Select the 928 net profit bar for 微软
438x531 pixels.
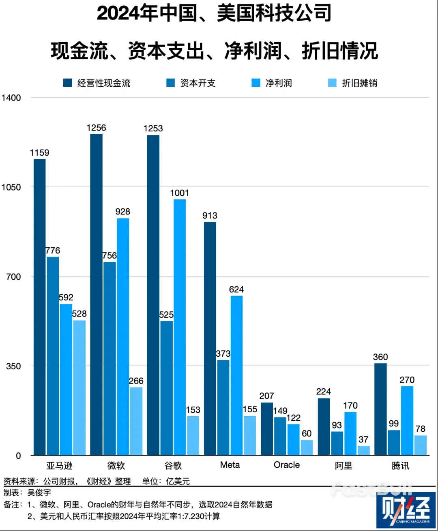pos(123,336)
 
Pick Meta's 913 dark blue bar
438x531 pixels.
pos(210,338)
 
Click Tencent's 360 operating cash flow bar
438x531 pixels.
pos(380,409)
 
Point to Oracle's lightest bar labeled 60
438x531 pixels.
pos(307,447)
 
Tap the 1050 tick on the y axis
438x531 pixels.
pos(11,187)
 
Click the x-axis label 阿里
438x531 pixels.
pos(344,466)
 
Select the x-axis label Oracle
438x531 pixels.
pos(287,465)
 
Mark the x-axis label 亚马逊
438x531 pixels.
pos(59,466)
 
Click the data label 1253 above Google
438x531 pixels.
pos(153,128)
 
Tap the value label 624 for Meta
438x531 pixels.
pos(236,289)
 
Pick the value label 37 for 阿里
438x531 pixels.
pos(363,439)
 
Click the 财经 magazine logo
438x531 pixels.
pos(406,510)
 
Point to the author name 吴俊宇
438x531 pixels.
pos(39,493)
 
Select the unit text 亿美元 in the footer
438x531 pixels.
pos(178,482)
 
